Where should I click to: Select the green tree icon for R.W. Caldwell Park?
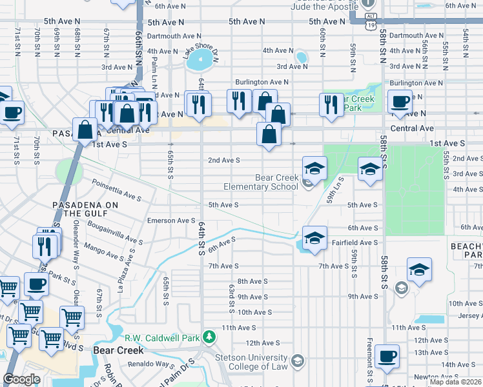[x=209, y=337]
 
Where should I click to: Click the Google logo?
[x=21, y=379]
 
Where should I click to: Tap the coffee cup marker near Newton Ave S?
[x=387, y=356]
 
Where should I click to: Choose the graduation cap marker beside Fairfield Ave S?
[x=314, y=237]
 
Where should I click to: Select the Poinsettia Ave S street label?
[x=116, y=190]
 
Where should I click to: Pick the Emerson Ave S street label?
[x=171, y=221]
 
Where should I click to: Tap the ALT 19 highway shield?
[x=369, y=17]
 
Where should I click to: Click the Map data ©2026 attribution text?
[x=455, y=382]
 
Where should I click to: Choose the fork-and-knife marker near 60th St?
[x=332, y=104]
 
